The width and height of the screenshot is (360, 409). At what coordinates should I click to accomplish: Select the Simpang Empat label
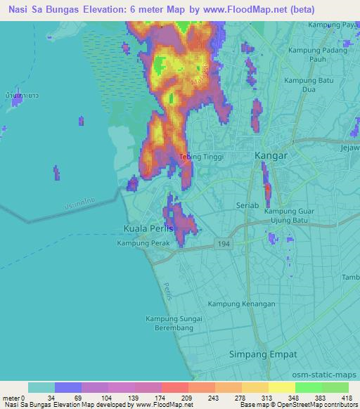tap(269, 355)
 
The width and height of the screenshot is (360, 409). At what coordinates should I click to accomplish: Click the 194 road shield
tap(224, 242)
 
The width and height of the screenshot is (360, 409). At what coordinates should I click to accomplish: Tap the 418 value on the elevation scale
tap(347, 398)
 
